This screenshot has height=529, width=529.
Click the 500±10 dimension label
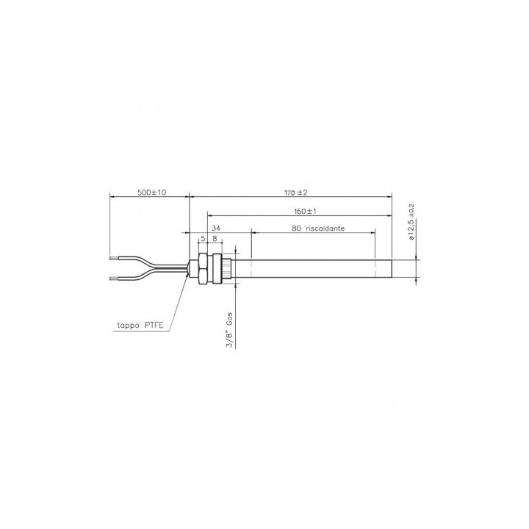pos(152,192)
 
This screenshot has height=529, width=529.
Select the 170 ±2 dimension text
pos(296,192)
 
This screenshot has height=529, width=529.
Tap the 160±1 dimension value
pos(305,212)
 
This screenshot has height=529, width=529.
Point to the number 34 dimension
pos(216,228)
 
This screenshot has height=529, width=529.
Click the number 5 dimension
pos(203,239)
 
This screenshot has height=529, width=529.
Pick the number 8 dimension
pos(215,239)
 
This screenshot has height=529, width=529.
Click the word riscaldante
pos(325,228)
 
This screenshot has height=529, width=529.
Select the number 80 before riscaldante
pos(296,228)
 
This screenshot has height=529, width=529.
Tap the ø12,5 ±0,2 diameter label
pos(411,222)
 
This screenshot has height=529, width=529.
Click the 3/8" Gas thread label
pos(229,331)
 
